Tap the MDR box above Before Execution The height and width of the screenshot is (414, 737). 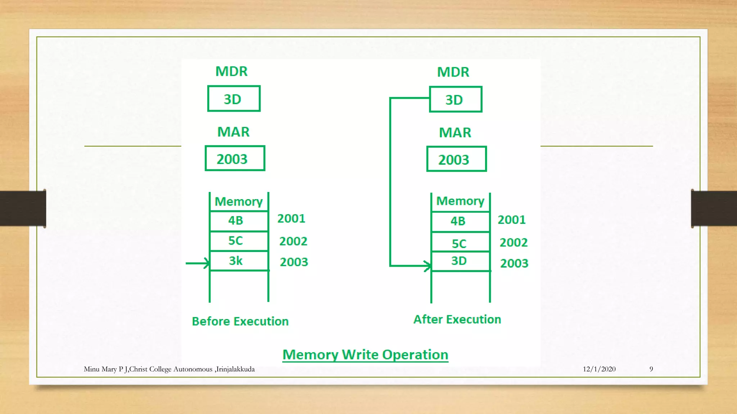234,99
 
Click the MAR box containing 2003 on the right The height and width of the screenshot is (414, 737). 456,159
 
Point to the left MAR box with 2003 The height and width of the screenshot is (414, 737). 235,158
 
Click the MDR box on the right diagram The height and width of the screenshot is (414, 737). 455,100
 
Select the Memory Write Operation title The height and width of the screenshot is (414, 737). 365,355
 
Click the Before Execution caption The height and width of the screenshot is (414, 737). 240,321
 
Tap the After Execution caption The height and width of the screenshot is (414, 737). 457,319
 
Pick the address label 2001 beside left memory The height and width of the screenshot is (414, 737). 291,218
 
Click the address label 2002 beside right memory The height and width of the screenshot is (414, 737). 514,243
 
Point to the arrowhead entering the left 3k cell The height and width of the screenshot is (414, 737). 207,263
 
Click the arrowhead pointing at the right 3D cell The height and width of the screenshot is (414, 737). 428,266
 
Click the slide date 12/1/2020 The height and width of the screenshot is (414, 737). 599,369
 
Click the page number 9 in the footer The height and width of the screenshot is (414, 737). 651,369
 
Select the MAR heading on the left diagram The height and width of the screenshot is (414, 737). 233,132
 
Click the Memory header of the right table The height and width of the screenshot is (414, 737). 460,201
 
